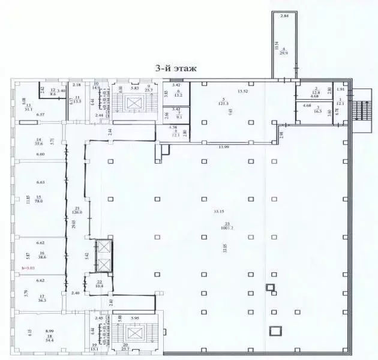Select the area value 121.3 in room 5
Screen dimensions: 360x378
tap(223, 102)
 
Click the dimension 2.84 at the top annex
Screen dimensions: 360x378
tap(285, 16)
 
